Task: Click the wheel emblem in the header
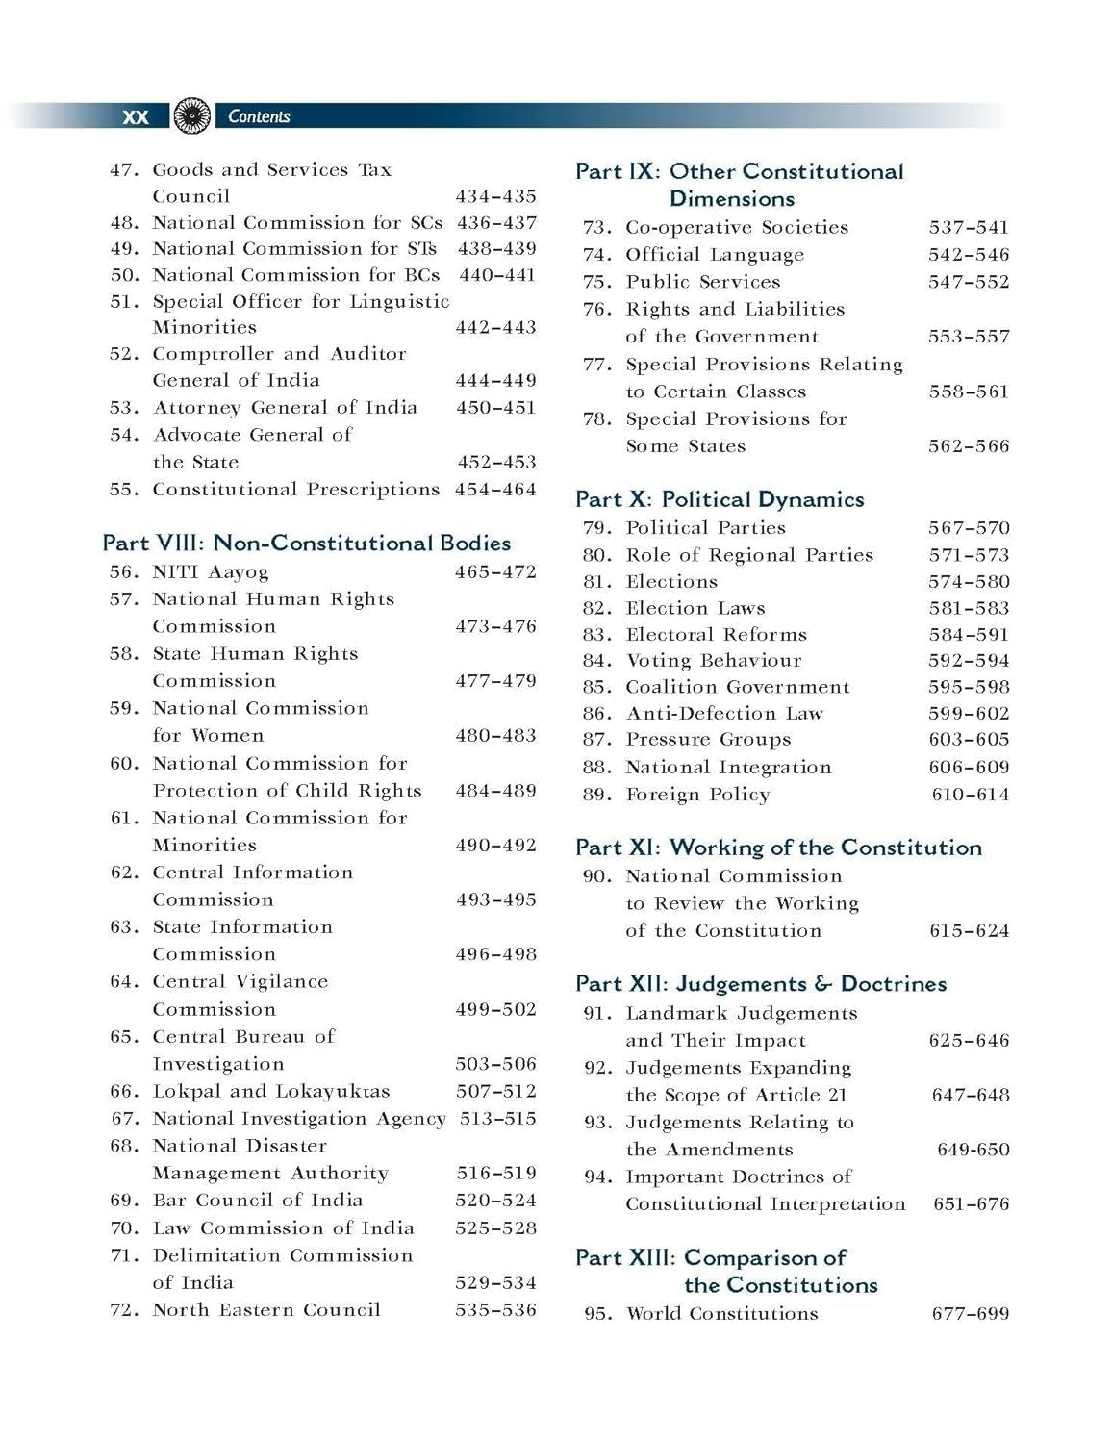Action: [193, 116]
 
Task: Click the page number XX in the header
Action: [136, 116]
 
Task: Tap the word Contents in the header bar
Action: [259, 116]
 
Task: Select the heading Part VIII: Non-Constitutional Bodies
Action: [307, 543]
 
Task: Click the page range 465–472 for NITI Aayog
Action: [495, 572]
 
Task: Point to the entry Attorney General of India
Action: [285, 407]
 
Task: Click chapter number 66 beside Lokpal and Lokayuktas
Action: [124, 1092]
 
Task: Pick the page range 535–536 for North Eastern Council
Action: [495, 1310]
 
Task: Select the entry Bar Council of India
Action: [257, 1201]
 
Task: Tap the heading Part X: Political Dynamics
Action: [720, 499]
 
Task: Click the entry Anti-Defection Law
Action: [724, 714]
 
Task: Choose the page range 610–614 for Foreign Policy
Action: [970, 795]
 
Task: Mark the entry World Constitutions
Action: [721, 1314]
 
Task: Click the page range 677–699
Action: [970, 1314]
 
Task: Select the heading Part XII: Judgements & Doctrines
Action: [761, 984]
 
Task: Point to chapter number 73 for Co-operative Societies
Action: [597, 228]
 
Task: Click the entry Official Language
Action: [715, 255]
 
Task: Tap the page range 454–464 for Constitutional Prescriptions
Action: [495, 490]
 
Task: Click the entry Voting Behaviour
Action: [713, 661]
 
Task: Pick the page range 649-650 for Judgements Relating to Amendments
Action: [973, 1150]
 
